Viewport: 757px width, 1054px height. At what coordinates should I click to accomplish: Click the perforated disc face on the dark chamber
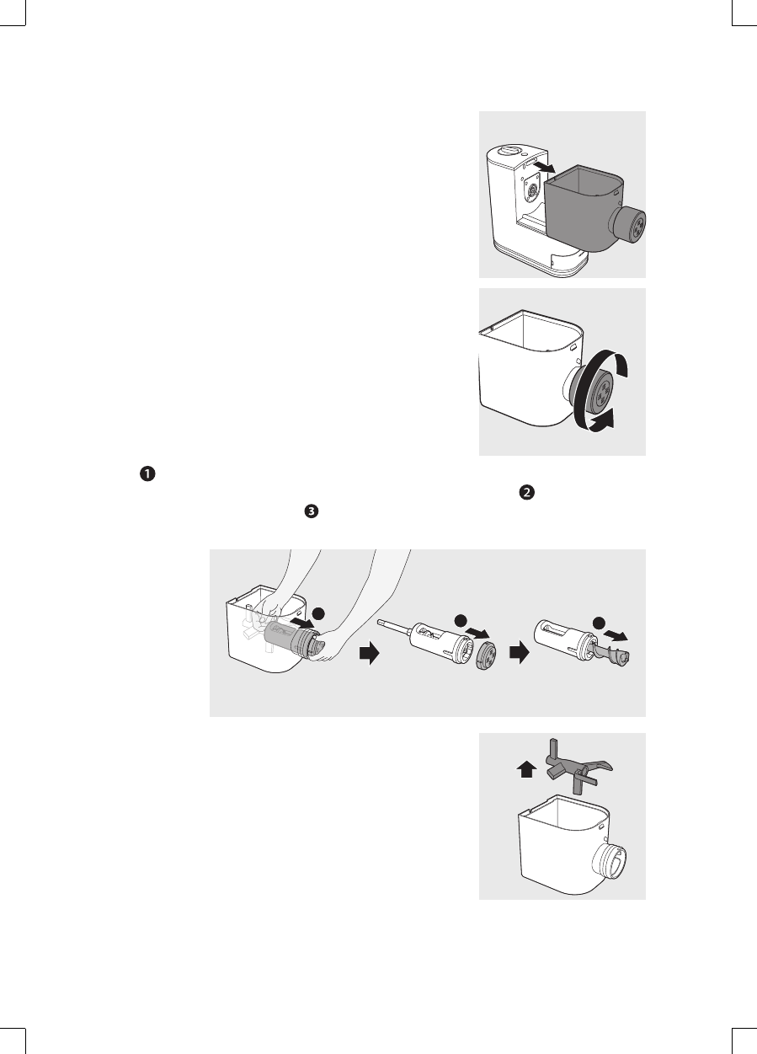pos(633,226)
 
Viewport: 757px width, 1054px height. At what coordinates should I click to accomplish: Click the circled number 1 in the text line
pos(147,473)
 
